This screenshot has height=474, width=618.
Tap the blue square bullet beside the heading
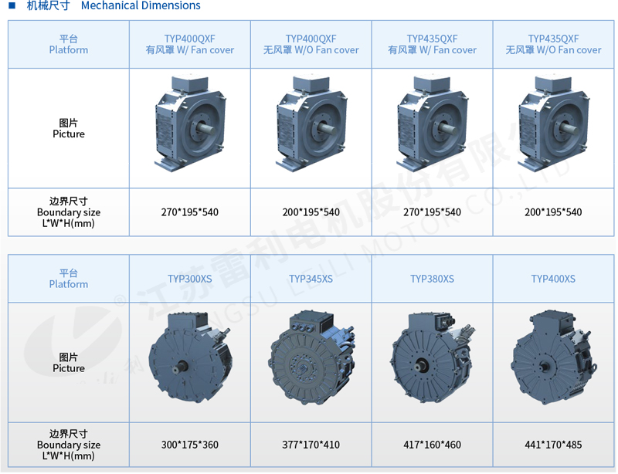12,5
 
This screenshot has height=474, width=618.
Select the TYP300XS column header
190,279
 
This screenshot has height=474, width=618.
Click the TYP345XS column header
311,279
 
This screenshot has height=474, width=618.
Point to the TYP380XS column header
433,279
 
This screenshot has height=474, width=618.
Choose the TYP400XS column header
553,279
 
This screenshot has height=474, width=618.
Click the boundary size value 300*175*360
190,445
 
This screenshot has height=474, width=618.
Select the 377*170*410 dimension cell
311,445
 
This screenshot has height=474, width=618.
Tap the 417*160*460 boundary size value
433,445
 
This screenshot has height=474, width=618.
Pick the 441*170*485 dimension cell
553,445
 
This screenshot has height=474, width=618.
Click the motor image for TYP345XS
311,357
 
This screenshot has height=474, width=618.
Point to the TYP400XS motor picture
554,357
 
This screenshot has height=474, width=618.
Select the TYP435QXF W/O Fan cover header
553,44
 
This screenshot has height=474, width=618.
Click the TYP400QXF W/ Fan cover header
190,44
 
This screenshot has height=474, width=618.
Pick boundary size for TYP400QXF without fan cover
311,212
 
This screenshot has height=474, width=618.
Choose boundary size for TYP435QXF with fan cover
433,212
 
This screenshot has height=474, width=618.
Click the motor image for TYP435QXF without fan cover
554,124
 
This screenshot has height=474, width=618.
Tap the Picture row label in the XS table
69,363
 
